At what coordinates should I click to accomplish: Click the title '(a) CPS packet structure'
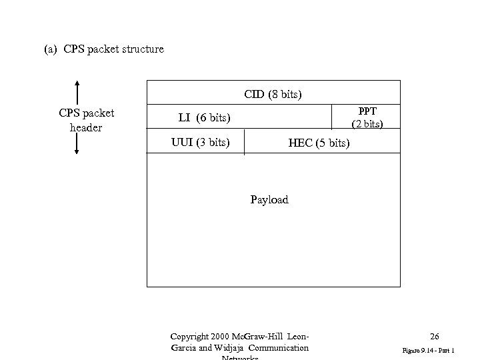pos(103,49)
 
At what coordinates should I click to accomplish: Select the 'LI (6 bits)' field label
pos(204,118)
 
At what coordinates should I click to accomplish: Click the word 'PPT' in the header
pos(367,111)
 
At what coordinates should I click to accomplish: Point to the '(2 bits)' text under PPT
pos(367,123)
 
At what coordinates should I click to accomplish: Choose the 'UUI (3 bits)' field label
pos(201,141)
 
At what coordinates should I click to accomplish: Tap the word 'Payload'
pos(269,199)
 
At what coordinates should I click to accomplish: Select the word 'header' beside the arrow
pos(86,127)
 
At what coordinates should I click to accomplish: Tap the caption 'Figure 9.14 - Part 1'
pos(428,349)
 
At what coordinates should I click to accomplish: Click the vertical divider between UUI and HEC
pos(245,142)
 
